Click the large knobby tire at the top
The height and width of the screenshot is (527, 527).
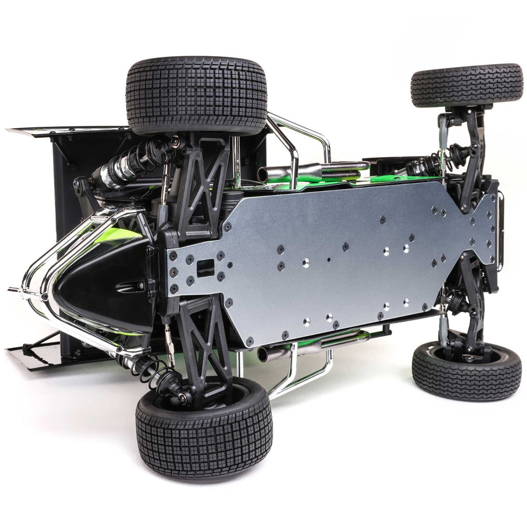197,95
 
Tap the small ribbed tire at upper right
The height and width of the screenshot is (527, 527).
466,85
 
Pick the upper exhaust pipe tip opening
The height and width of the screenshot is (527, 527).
262,175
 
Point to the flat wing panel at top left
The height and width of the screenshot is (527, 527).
67,130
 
